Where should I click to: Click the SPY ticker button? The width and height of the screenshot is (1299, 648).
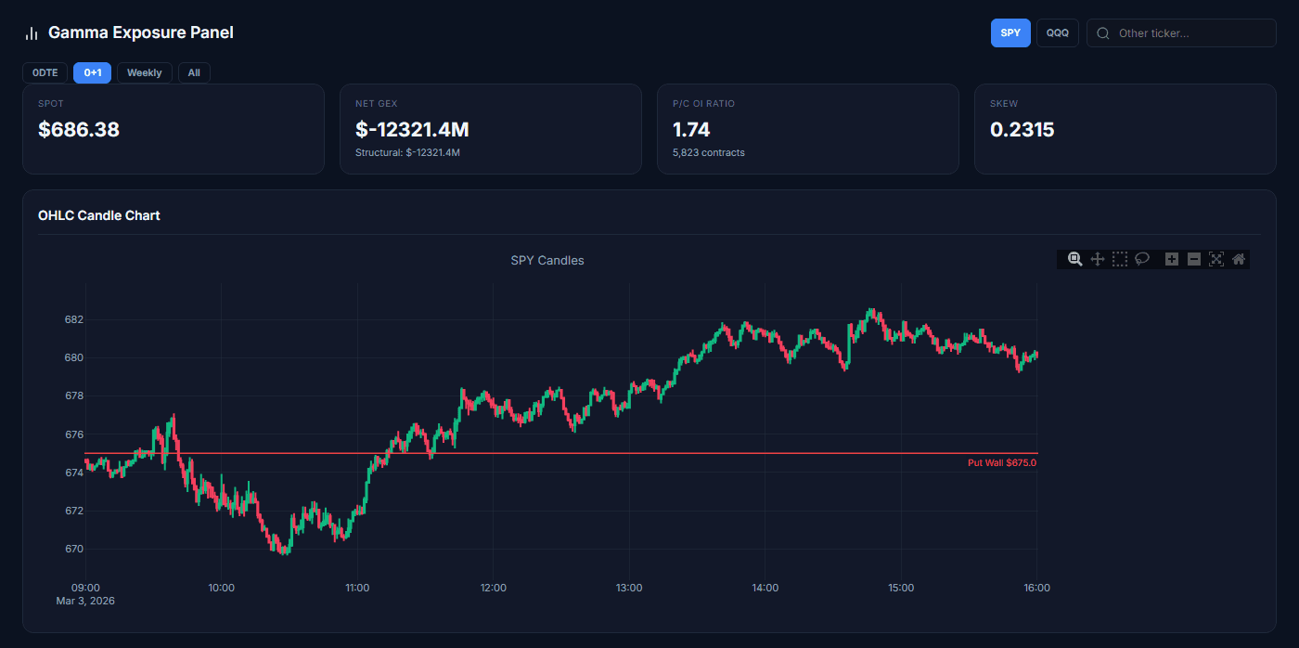[x=1010, y=32]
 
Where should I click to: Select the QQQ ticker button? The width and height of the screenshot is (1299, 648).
[x=1057, y=32]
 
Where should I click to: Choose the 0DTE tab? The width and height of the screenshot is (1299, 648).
[x=45, y=72]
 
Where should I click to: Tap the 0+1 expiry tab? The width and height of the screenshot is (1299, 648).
[x=92, y=72]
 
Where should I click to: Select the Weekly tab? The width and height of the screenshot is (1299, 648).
[x=144, y=72]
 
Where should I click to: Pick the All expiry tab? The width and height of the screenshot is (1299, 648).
[x=194, y=72]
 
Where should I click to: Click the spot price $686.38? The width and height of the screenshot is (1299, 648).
[x=79, y=130]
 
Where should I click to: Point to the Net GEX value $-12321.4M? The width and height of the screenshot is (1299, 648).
[x=412, y=130]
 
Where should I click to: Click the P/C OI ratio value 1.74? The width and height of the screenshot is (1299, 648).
[x=691, y=130]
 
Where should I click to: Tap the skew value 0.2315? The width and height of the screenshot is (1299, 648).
[x=1022, y=130]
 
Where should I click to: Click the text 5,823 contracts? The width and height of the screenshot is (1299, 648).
[x=708, y=152]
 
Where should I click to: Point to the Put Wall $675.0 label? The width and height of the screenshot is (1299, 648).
[x=1001, y=462]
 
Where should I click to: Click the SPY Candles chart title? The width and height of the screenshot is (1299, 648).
[x=547, y=261]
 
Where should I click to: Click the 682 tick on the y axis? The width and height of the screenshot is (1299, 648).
[x=74, y=319]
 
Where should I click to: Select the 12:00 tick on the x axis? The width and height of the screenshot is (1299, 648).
[x=493, y=588]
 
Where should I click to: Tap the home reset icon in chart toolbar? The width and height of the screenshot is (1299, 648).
[x=1238, y=259]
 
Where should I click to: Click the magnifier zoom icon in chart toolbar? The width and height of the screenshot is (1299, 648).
[x=1074, y=259]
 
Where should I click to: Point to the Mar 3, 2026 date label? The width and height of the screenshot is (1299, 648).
[x=85, y=601]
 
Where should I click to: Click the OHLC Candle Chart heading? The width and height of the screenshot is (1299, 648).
[x=99, y=215]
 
